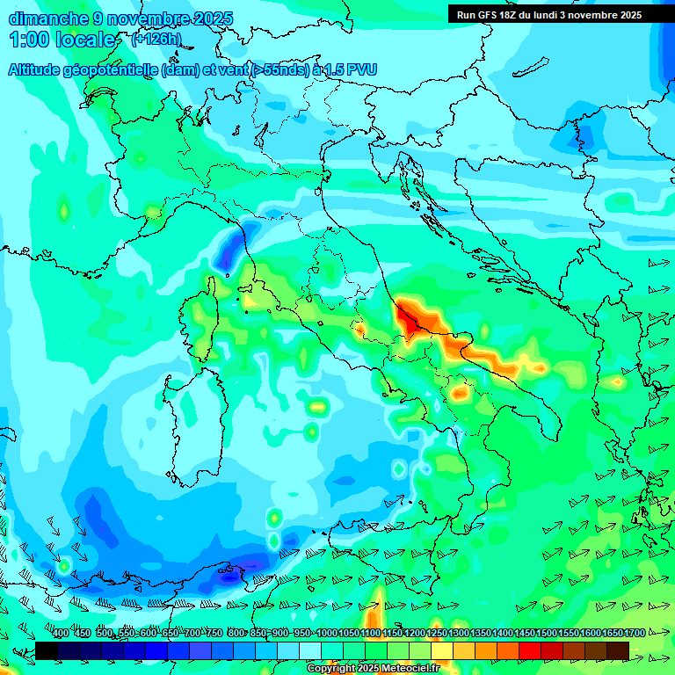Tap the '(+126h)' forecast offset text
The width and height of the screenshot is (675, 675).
coord(156,39)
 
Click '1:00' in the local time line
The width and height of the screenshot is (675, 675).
coord(28,40)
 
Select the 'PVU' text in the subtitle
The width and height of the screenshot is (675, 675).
coord(359,69)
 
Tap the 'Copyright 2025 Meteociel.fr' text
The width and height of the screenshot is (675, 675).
coord(374,669)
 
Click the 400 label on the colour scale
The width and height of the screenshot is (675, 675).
coord(60,634)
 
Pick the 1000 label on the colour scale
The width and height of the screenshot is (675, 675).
coord(326,634)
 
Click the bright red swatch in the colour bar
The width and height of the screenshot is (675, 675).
coord(529,650)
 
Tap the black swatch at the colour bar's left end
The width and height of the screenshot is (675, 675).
coord(46,650)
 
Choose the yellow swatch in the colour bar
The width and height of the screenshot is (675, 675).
coord(441,650)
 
